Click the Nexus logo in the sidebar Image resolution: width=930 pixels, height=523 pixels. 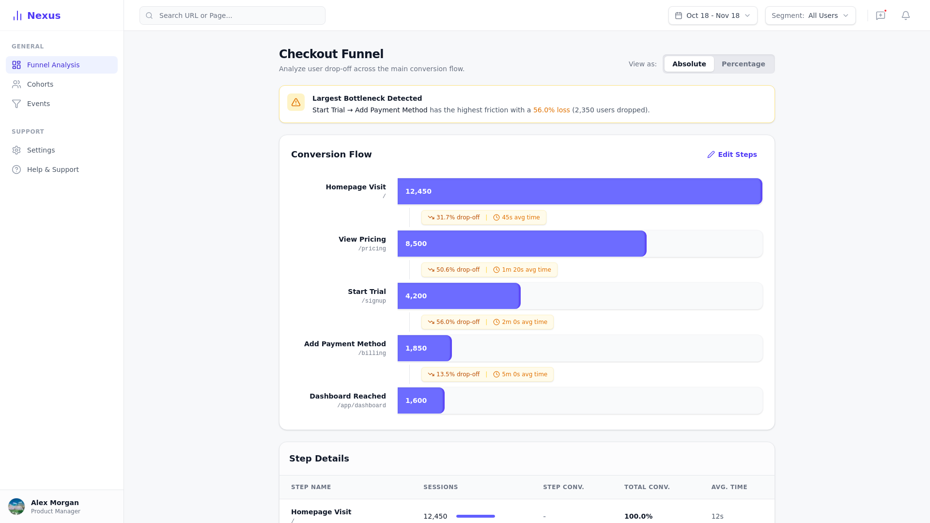[x=36, y=15]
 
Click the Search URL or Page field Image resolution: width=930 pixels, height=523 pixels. [x=232, y=15]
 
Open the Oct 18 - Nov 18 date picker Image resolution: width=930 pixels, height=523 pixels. [x=713, y=15]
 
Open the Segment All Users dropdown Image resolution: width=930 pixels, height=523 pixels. [x=810, y=15]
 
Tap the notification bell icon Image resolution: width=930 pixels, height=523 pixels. [x=905, y=15]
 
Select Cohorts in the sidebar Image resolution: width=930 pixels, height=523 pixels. [x=40, y=84]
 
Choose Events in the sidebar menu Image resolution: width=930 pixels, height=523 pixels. [x=38, y=104]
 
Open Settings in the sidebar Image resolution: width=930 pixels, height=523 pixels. [x=41, y=150]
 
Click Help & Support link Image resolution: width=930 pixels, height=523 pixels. [x=53, y=169]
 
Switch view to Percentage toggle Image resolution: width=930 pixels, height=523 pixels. [x=743, y=64]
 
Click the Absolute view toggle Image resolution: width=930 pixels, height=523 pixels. [x=689, y=64]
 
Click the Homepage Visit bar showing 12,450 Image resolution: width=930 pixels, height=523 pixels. [x=579, y=191]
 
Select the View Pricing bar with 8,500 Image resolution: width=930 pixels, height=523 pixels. [x=522, y=244]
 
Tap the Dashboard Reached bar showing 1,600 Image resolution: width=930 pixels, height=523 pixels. [x=420, y=400]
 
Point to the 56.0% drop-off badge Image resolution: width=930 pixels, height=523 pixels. [x=454, y=322]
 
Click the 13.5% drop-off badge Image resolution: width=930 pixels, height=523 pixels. [x=454, y=374]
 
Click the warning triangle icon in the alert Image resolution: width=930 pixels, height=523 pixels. [x=296, y=102]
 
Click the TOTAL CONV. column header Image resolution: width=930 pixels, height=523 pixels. [x=647, y=487]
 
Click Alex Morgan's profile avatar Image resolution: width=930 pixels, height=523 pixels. [x=16, y=507]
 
